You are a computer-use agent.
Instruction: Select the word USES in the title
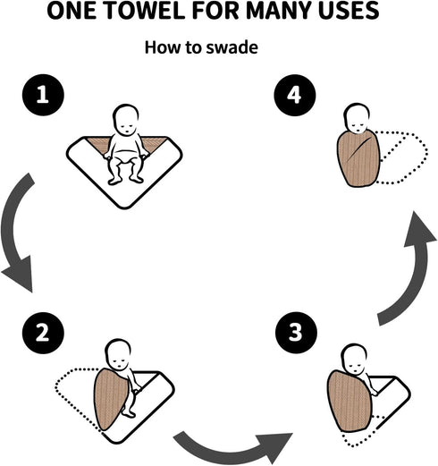[349, 11]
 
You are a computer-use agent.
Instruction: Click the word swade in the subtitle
[232, 47]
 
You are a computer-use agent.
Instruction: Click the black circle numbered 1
[43, 95]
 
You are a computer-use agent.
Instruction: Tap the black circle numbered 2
[43, 333]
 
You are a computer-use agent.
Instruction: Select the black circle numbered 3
[296, 333]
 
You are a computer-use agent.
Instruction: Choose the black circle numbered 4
[295, 95]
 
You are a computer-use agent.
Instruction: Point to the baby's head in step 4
[357, 118]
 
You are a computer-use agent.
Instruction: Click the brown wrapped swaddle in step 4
[358, 158]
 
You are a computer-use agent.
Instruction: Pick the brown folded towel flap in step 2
[111, 399]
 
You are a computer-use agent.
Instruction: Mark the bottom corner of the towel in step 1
[124, 208]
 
